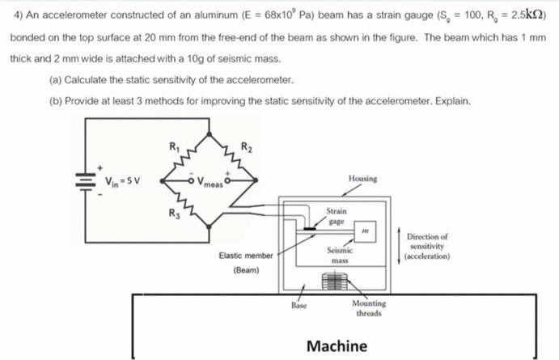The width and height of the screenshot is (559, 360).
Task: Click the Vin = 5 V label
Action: point(116,180)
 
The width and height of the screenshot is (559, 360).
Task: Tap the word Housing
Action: point(362,178)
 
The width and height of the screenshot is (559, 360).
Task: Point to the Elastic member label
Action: point(246,256)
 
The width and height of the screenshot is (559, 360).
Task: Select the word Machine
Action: point(337,345)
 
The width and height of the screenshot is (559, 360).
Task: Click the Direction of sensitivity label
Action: point(429,243)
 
